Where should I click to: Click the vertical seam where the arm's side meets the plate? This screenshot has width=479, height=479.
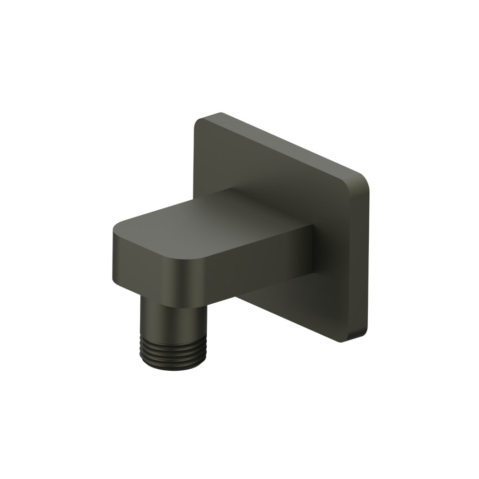pyautogui.click(x=314, y=249)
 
